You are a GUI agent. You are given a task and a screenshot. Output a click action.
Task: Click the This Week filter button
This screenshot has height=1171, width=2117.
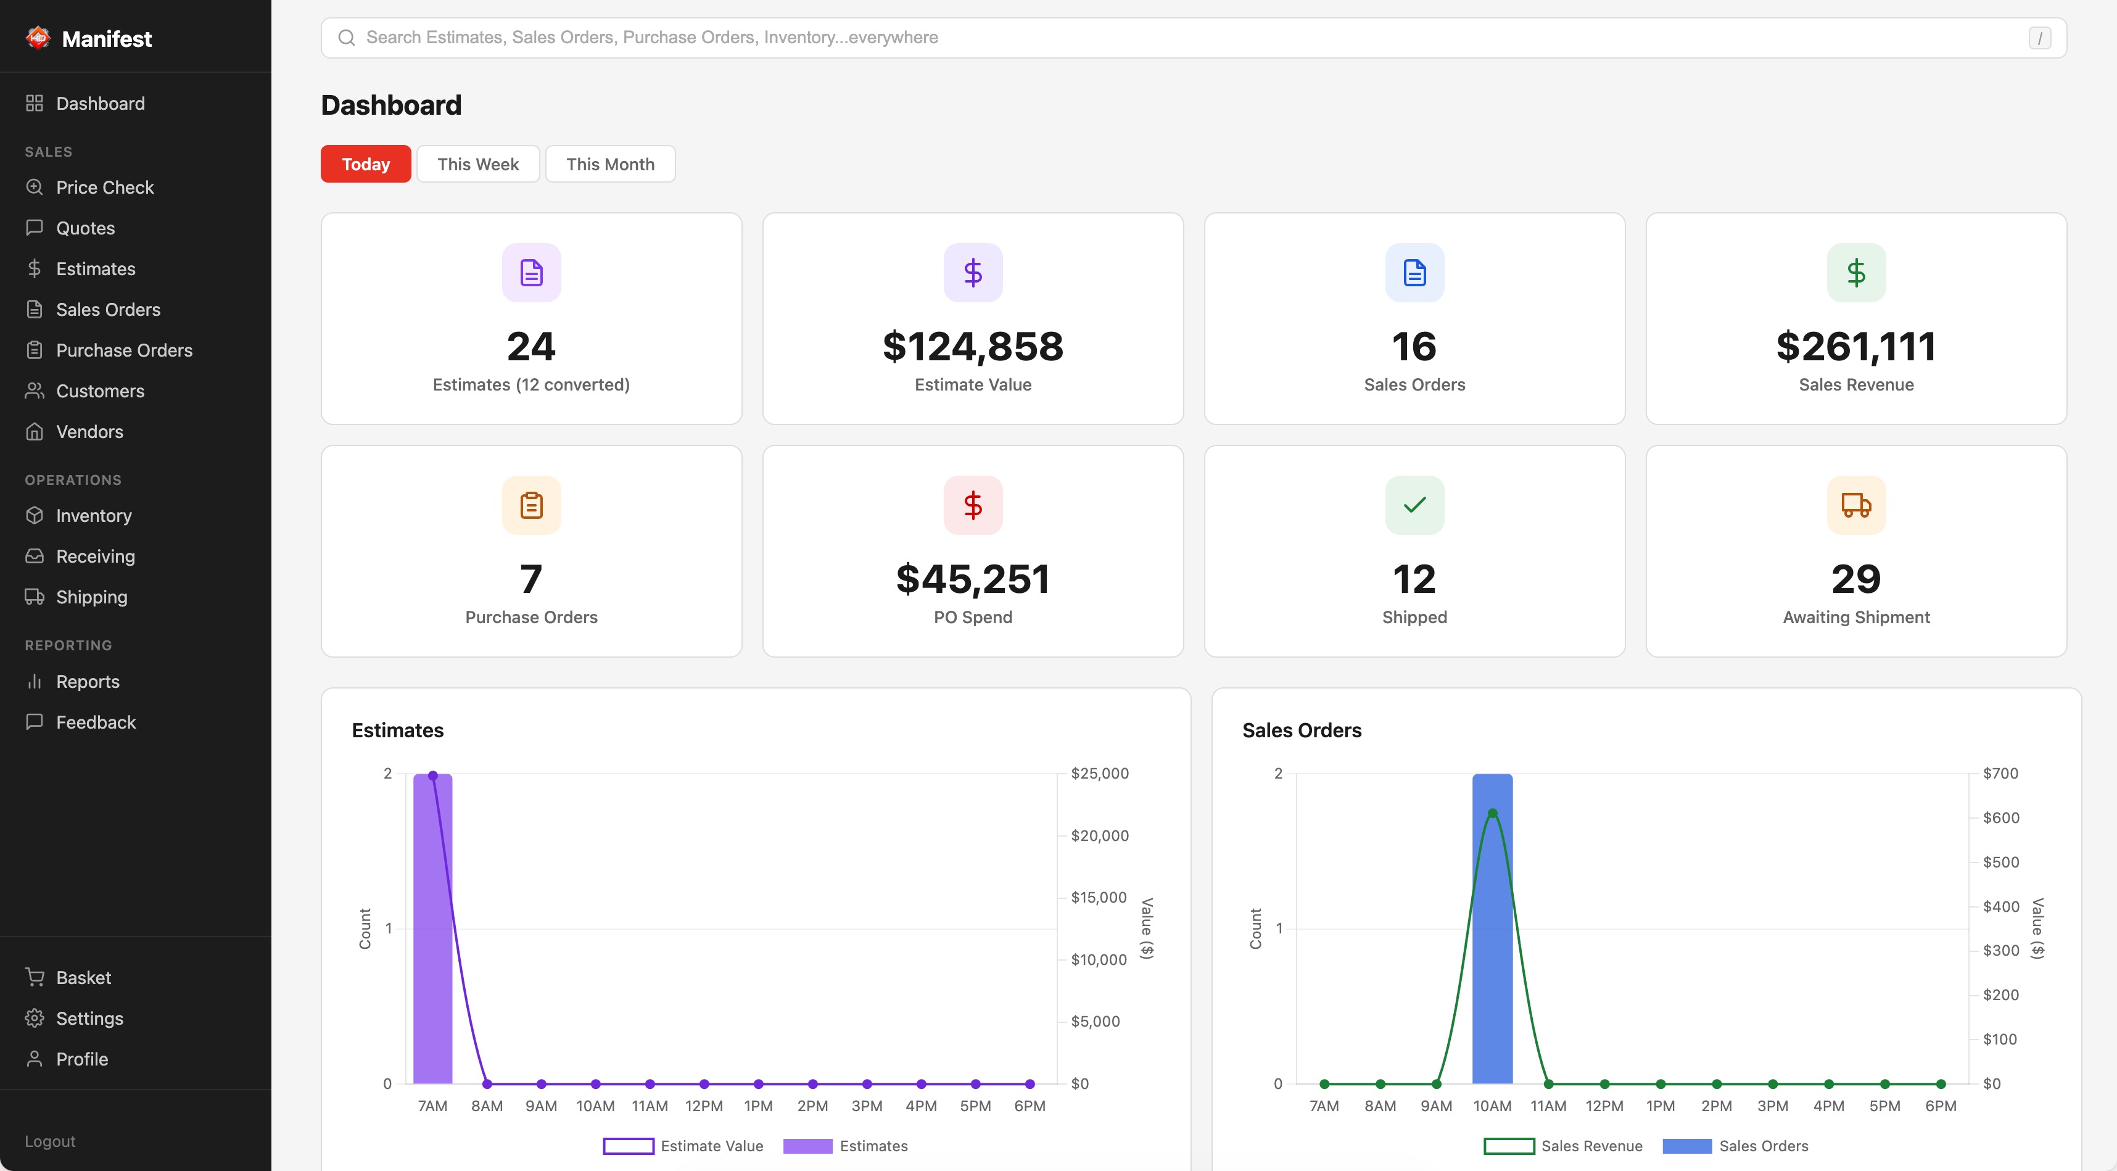477,164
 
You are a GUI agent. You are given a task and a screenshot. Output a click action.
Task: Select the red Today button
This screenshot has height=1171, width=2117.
366,164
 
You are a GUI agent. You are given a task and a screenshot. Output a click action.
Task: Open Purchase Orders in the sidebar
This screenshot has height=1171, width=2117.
123,350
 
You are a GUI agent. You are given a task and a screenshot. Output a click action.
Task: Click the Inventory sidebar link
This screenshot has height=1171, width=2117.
93,515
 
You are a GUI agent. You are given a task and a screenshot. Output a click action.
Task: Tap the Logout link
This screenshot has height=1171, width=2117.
49,1141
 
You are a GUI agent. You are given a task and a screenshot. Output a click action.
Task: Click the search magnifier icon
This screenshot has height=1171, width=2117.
347,38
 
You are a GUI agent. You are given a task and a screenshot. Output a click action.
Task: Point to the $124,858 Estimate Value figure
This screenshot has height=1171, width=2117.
972,347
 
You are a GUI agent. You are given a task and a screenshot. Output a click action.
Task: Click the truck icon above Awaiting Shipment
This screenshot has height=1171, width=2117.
1855,505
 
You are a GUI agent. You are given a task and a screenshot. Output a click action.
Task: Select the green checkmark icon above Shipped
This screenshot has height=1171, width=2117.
1414,505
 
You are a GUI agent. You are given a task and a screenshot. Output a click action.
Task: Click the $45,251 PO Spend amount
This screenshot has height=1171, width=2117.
972,579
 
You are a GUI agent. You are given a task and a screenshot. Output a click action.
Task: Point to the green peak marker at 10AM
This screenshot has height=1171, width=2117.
1492,814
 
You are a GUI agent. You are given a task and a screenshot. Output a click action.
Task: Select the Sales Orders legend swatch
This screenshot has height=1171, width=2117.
1686,1146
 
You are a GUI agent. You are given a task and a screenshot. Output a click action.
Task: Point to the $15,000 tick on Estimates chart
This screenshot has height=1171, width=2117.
1098,897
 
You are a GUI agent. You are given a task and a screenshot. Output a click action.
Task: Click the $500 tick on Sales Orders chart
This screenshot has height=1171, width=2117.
2000,862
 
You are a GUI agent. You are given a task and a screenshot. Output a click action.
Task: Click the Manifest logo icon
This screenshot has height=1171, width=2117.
38,38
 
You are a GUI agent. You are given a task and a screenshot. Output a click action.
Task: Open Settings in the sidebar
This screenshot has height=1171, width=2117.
89,1018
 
